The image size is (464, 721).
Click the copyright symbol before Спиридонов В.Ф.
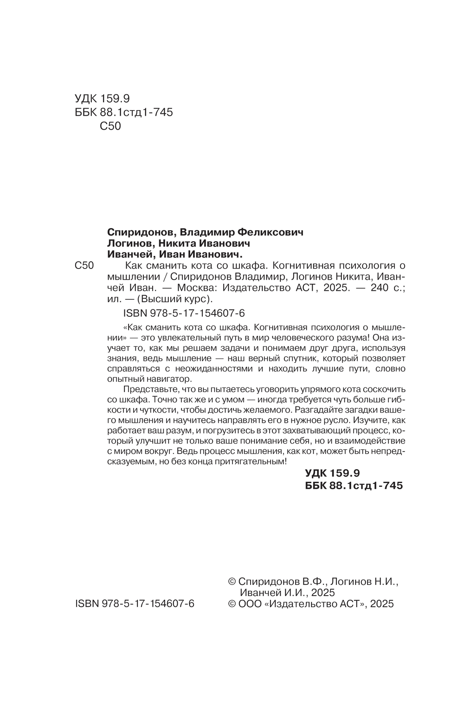pos(233,582)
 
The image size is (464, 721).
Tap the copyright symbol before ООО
pos(233,604)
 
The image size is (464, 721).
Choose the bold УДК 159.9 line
pos(333,473)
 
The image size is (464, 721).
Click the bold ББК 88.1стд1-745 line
pos(354,485)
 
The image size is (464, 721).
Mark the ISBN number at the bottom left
pos(134,604)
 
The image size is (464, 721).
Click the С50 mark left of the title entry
pos(84,266)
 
